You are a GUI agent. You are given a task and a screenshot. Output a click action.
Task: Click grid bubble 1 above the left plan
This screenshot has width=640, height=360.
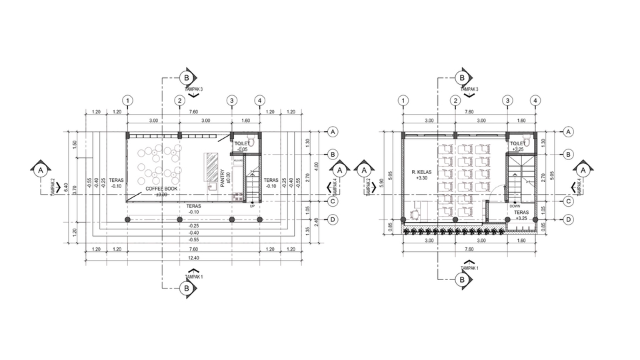(x=127, y=101)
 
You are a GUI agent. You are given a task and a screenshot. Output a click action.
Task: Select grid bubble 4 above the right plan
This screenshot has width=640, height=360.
(x=535, y=101)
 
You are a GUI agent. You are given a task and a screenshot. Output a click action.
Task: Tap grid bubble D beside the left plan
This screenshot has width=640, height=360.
(x=331, y=219)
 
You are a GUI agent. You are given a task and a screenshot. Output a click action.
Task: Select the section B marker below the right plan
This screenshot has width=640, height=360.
(x=462, y=280)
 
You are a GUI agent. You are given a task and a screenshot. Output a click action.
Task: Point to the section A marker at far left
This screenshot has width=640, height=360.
(x=41, y=170)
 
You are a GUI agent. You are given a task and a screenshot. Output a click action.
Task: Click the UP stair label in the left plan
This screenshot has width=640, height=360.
(x=252, y=206)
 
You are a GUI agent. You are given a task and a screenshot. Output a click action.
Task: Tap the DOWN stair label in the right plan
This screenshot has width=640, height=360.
(x=515, y=206)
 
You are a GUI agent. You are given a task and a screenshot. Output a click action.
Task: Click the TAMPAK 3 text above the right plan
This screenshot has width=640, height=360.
(x=469, y=89)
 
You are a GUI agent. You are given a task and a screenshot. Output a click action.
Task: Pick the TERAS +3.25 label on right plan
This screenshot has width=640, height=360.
(x=521, y=215)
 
